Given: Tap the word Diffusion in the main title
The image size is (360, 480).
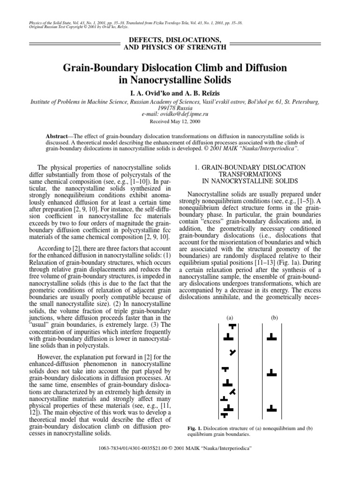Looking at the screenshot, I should coord(265,68).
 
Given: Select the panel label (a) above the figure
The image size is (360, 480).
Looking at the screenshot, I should coord(230,318).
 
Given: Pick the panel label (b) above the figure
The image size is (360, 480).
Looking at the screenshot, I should coord(274,318).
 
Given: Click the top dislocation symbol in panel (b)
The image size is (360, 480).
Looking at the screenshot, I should coord(271,337).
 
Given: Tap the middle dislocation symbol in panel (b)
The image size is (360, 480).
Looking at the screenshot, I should coord(271,373).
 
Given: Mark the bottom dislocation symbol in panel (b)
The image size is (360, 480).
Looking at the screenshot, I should coord(271,408).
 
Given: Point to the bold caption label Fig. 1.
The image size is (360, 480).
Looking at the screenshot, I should coord(194,428).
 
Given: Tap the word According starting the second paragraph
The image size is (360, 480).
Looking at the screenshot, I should coord(52,252).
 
